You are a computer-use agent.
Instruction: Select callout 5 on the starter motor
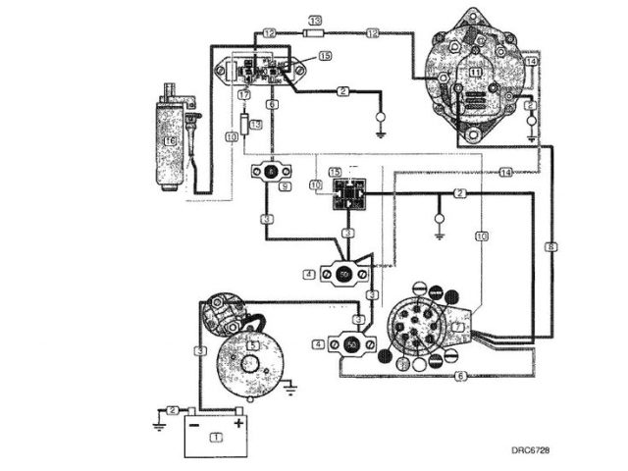(x=252, y=345)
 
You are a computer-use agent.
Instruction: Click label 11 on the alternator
(x=475, y=73)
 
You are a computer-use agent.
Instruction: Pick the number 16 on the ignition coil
(x=171, y=142)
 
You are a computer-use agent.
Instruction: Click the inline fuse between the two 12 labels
(x=316, y=32)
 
